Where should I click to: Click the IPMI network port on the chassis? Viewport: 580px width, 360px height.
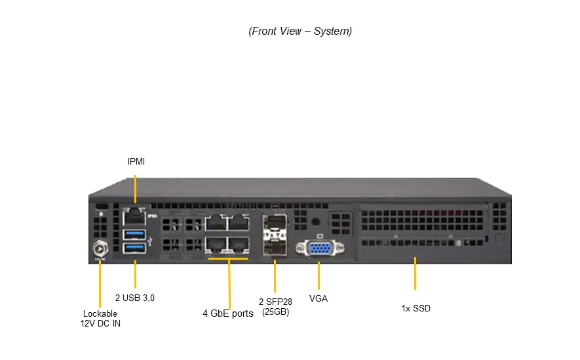click(x=134, y=214)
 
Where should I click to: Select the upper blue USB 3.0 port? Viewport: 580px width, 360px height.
click(x=134, y=233)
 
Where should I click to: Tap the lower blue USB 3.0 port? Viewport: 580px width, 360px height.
click(x=134, y=248)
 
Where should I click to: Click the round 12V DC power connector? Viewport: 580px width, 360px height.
click(x=100, y=249)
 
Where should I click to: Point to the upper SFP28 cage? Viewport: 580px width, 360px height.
click(x=275, y=223)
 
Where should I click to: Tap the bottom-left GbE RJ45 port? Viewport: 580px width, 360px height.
click(x=217, y=245)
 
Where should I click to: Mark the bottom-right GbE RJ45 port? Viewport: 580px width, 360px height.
click(x=239, y=245)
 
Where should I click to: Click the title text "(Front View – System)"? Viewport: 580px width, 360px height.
click(x=300, y=31)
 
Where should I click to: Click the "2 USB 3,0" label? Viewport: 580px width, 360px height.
click(x=135, y=298)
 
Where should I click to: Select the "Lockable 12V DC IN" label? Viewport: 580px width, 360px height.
click(x=100, y=318)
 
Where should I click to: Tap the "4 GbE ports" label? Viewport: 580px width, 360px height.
click(x=227, y=313)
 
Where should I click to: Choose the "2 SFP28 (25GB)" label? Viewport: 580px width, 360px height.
click(x=275, y=306)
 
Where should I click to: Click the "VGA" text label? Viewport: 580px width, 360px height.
click(x=319, y=298)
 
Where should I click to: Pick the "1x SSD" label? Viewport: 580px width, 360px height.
click(x=416, y=308)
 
